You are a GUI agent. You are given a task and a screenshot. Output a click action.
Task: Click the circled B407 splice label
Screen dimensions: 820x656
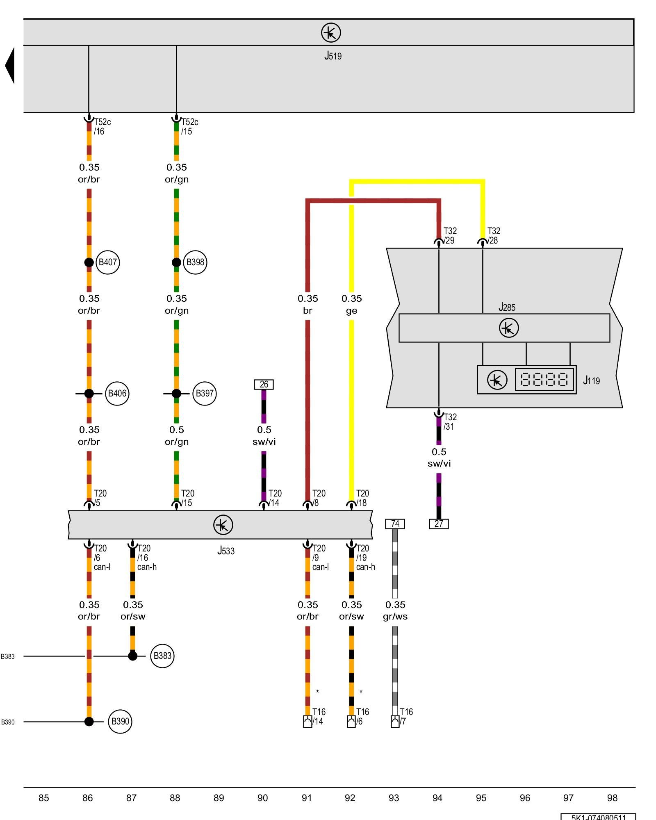click(x=107, y=262)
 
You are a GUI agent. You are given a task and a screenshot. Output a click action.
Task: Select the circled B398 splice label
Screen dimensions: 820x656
click(x=195, y=262)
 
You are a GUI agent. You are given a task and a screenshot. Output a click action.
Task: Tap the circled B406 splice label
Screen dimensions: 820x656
click(x=117, y=394)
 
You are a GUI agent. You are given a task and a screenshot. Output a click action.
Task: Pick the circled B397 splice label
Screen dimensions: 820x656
click(x=204, y=394)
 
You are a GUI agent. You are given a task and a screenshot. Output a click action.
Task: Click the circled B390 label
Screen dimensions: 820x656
click(x=120, y=722)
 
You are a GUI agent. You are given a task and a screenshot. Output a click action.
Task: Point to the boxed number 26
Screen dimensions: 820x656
click(x=264, y=385)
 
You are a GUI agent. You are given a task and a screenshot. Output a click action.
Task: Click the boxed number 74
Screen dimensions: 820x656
click(x=395, y=524)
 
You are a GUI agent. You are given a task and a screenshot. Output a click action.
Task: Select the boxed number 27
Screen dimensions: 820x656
click(x=439, y=524)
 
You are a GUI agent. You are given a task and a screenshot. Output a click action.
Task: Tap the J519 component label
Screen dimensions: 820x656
click(x=333, y=56)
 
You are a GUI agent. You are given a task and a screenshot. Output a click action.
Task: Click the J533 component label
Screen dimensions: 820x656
click(x=226, y=551)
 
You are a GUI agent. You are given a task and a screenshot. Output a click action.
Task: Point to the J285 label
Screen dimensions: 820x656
click(x=507, y=307)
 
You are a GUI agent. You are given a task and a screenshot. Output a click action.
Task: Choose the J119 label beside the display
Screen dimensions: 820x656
click(x=591, y=380)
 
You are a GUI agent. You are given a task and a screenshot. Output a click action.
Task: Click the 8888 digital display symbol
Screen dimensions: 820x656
click(x=544, y=380)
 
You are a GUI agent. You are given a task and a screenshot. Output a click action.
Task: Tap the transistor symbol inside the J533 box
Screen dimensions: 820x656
click(x=223, y=525)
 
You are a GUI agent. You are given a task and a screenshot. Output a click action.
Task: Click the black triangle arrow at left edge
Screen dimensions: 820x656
click(x=10, y=66)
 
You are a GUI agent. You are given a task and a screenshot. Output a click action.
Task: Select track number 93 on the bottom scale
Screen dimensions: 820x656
click(x=394, y=798)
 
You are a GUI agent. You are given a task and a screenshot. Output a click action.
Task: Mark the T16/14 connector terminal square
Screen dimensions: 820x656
click(x=307, y=722)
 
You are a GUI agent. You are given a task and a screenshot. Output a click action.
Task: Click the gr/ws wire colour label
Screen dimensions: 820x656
click(x=395, y=617)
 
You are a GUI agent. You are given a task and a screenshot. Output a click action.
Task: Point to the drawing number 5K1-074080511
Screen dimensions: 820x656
click(x=598, y=817)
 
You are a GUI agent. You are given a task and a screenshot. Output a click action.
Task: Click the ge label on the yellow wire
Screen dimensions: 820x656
click(x=351, y=311)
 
